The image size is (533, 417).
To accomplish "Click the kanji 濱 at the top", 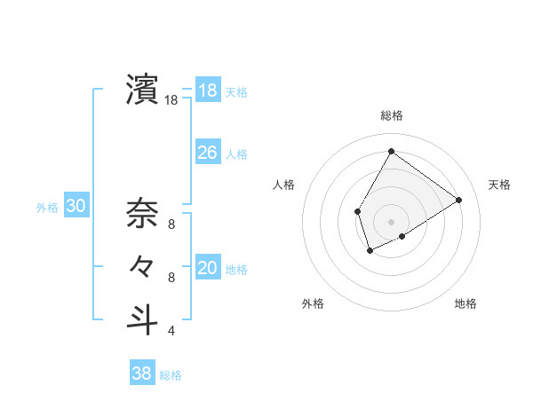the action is click(142, 90).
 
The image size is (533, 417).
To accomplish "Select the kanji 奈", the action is click(142, 212).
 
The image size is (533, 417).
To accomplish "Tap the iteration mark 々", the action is click(142, 266).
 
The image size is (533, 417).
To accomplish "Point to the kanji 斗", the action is click(142, 319).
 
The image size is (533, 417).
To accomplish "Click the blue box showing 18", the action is click(207, 90).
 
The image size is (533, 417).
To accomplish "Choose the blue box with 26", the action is click(207, 153).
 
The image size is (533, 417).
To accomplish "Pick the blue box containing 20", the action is click(207, 268).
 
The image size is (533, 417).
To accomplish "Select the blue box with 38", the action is click(142, 374).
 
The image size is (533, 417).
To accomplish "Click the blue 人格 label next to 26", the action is click(236, 153).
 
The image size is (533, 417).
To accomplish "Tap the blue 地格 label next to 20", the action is click(236, 269).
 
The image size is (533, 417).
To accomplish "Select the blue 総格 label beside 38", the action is click(171, 375).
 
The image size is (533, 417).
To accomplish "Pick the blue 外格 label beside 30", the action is click(47, 208).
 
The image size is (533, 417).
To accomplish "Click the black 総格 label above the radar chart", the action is click(391, 116).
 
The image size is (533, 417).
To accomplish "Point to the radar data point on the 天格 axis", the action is click(458, 200).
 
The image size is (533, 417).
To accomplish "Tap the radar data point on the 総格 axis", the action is click(391, 151).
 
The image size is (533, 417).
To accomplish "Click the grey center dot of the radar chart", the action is click(391, 221).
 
